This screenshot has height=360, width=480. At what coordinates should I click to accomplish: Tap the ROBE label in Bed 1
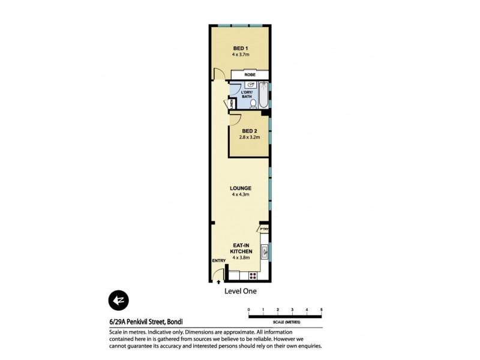[250, 74]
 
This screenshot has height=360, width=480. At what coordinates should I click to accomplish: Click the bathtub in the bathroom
[264, 96]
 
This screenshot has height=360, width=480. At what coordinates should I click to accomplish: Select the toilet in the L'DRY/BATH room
[253, 103]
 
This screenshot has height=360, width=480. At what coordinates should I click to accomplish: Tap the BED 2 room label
[249, 131]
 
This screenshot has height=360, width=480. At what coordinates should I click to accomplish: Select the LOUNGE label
[240, 188]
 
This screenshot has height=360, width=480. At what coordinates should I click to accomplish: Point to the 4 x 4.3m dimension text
[240, 194]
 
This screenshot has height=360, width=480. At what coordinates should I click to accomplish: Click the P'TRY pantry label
[264, 229]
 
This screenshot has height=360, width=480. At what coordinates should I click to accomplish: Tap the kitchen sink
[265, 249]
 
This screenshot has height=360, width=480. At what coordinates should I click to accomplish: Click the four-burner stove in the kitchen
[253, 276]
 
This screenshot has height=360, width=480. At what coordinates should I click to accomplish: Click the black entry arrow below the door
[218, 281]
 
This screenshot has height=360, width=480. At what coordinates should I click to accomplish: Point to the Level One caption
[239, 292]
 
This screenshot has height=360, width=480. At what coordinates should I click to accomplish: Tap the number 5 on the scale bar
[322, 310]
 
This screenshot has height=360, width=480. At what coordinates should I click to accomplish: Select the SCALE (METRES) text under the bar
[285, 322]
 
